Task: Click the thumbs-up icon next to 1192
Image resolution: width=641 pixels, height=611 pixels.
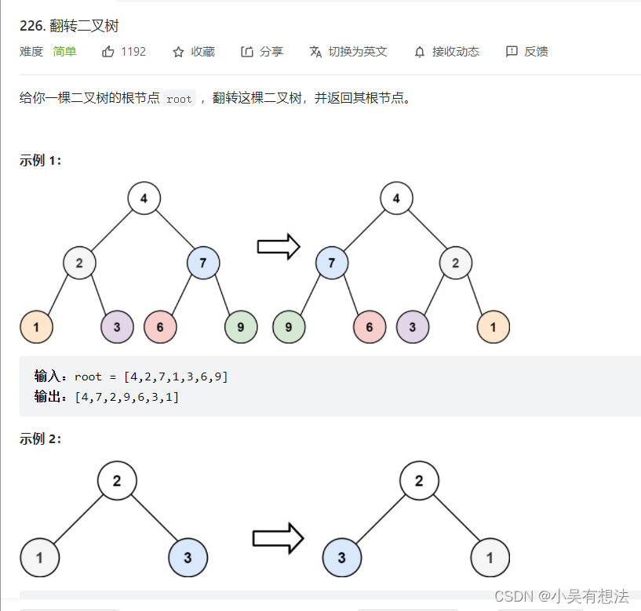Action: (108, 52)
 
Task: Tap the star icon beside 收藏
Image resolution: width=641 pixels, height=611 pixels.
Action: (178, 52)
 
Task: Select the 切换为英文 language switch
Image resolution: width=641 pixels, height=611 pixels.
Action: (348, 52)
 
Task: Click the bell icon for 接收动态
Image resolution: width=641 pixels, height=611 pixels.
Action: (420, 52)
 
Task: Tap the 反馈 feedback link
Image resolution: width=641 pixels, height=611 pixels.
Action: (527, 52)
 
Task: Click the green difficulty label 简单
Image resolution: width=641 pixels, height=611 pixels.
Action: (64, 52)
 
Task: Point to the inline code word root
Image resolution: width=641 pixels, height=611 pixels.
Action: (179, 100)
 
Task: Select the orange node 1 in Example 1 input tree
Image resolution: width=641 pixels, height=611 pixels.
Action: (36, 327)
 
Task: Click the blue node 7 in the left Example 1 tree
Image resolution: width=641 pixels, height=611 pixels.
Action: (203, 263)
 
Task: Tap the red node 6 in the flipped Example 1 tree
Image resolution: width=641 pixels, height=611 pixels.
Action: (370, 327)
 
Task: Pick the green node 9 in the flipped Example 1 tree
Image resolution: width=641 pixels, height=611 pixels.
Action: (289, 327)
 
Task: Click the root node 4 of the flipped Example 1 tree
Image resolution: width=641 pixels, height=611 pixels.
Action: (396, 198)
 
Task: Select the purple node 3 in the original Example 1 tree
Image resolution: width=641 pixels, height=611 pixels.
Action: (117, 327)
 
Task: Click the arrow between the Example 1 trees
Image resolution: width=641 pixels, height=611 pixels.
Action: (279, 246)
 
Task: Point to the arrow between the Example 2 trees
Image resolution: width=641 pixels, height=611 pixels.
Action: (277, 538)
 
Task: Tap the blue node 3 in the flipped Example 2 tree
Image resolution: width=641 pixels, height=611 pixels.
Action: (342, 558)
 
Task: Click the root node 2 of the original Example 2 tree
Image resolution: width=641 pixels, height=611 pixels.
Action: (117, 481)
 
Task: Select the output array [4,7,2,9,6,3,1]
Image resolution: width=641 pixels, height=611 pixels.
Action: (126, 397)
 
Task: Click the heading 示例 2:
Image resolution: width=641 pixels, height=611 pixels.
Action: (40, 439)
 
